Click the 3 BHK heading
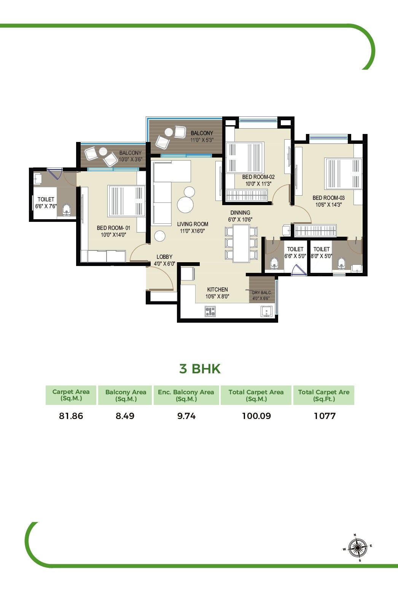click(x=200, y=369)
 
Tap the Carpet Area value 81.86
click(x=71, y=416)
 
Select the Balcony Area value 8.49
click(x=125, y=416)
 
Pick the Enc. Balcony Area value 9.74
click(x=186, y=416)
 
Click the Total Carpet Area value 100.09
click(x=256, y=416)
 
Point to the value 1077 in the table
click(x=325, y=416)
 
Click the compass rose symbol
click(x=357, y=548)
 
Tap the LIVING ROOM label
click(x=193, y=224)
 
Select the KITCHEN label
click(x=217, y=290)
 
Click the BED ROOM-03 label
click(x=328, y=198)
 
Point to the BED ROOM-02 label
click(x=258, y=177)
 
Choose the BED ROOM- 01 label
click(x=113, y=228)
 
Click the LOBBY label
click(x=164, y=257)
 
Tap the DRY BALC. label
click(x=262, y=293)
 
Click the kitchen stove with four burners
click(x=210, y=312)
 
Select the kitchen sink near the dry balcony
click(x=267, y=311)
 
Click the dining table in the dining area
click(x=241, y=244)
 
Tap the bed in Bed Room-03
click(x=342, y=174)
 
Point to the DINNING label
click(x=240, y=213)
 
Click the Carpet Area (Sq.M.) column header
click(x=71, y=395)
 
